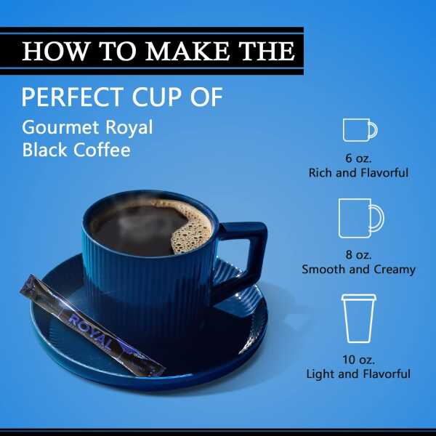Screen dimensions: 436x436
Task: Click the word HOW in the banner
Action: point(54,51)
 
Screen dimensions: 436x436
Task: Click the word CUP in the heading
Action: point(157,97)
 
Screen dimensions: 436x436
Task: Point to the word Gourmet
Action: point(60,127)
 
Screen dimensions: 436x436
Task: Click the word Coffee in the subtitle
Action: point(102,150)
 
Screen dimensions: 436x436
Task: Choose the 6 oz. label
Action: point(358,158)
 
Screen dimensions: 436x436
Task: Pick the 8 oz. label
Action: point(358,255)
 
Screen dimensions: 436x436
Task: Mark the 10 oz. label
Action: point(358,360)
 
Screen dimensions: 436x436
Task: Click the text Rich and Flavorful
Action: point(358,173)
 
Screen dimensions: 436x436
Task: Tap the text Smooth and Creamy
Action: point(359,269)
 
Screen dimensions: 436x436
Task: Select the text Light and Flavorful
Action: point(358,374)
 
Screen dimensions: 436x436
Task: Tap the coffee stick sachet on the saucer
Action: point(92,326)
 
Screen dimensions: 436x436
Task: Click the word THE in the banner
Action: point(267,51)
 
